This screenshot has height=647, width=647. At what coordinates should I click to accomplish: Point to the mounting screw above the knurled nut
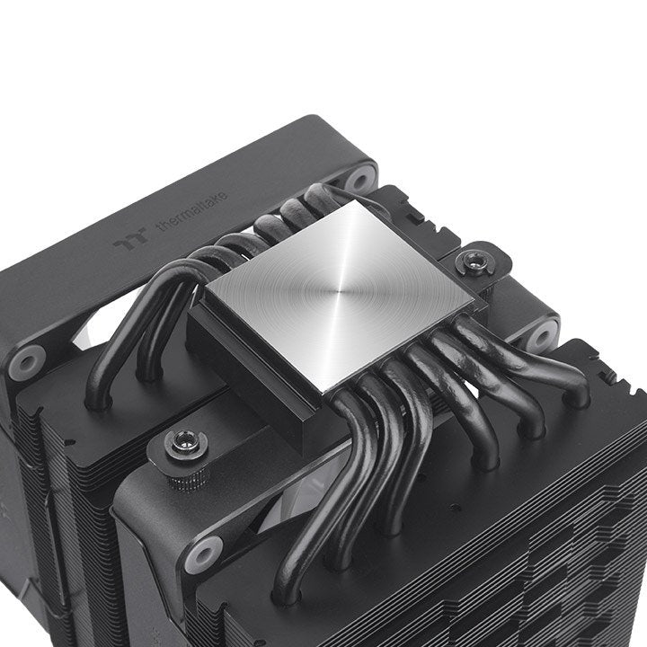pos(188,442)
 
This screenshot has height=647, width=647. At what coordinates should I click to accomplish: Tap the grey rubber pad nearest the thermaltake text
pos(359,177)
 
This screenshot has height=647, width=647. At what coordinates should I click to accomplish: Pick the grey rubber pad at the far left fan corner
pos(27,360)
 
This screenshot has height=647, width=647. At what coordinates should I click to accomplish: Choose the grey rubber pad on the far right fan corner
pos(542,334)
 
